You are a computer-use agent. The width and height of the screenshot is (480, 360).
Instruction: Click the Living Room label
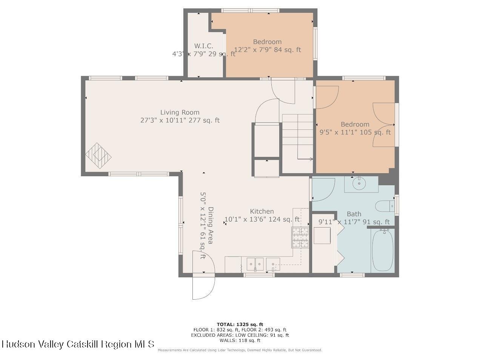[180, 112]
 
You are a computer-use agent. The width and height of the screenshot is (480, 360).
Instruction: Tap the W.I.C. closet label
[204, 46]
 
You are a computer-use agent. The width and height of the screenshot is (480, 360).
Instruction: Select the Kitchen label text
[262, 211]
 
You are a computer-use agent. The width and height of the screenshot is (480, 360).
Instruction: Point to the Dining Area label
[210, 225]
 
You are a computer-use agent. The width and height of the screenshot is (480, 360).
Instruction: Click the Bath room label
[354, 214]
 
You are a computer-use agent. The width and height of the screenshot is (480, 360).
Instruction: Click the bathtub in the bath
[383, 250]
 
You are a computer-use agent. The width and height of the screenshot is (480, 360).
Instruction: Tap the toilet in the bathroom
[385, 206]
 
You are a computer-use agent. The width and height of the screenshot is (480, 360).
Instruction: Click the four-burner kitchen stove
[300, 237]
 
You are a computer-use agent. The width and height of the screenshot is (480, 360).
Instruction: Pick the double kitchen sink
[255, 264]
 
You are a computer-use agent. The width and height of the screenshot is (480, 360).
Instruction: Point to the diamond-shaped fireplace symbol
[98, 155]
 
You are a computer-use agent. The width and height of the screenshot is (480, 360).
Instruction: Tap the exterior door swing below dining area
[204, 275]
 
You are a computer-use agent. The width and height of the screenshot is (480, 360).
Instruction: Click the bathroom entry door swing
[324, 190]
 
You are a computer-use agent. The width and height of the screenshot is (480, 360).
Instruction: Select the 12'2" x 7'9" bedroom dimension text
[268, 50]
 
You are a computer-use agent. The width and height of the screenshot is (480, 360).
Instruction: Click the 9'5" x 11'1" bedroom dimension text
[355, 132]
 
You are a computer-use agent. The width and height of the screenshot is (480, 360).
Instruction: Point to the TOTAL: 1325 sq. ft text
[240, 325]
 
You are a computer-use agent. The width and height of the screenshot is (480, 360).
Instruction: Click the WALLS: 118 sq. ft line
[240, 340]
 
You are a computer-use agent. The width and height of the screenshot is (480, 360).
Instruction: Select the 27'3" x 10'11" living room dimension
[180, 120]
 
